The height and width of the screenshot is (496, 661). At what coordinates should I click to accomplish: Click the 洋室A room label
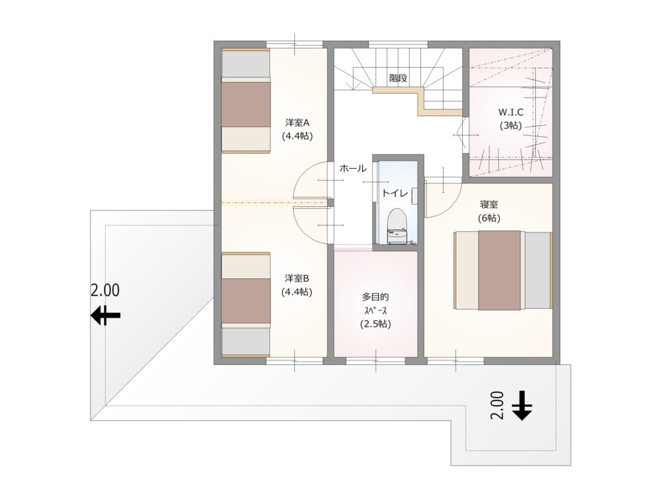point(297,123)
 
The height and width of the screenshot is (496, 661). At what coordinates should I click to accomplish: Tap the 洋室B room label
point(297,278)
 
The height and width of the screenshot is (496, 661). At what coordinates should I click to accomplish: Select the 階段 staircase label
point(398,78)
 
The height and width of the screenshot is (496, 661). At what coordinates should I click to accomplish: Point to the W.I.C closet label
point(511,112)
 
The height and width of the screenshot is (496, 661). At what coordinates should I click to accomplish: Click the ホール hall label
point(353,169)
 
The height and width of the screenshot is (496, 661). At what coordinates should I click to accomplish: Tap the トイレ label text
point(395,193)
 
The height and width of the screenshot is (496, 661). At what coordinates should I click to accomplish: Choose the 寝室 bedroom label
point(489,205)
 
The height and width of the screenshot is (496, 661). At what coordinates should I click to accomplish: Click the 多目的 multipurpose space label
point(375,297)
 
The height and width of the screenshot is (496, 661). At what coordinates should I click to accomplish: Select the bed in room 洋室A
point(246,100)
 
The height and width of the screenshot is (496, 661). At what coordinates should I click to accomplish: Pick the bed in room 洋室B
point(246,305)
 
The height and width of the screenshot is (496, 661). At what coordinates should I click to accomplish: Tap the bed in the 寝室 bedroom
point(503,270)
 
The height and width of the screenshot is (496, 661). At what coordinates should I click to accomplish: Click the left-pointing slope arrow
point(106,315)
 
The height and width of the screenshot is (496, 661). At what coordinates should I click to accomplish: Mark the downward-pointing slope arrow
point(522,406)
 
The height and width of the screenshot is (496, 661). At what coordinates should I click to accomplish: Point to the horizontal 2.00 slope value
point(105,290)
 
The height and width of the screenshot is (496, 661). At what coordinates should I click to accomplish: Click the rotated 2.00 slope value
point(498,406)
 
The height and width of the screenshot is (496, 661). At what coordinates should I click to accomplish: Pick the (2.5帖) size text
point(375,324)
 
